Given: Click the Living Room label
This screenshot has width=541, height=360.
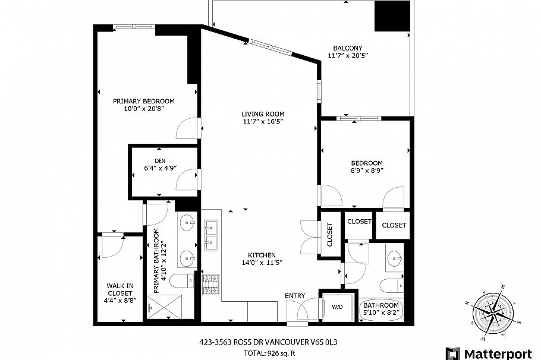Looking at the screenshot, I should click(262, 114).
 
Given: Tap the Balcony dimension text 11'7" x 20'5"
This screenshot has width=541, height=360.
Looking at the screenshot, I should click(347, 56).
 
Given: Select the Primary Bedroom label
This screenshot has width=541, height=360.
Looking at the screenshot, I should click(143, 101).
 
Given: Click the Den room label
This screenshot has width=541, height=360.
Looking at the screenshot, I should click(159, 161).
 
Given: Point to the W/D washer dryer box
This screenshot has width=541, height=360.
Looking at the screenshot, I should click(337, 307).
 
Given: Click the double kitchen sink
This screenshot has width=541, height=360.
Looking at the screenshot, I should click(210, 234).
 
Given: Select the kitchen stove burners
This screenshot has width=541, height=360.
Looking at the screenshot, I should click(211, 284).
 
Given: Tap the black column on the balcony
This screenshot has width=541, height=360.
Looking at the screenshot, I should click(392, 16).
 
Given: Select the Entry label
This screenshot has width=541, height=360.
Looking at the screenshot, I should click(295, 296).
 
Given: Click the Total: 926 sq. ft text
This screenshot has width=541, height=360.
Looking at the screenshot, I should click(270, 353).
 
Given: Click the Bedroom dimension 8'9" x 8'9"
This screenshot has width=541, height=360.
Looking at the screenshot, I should click(366, 170).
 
